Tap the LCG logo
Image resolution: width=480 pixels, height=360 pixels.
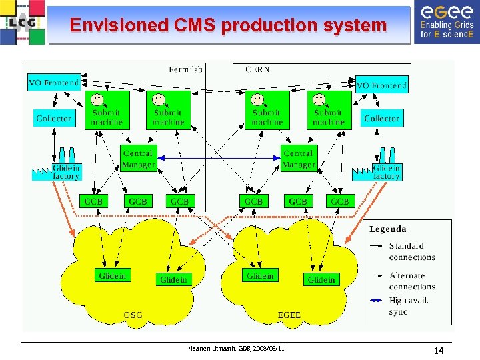(x=23, y=22)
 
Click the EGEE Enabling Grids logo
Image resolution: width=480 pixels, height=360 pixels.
(x=446, y=22)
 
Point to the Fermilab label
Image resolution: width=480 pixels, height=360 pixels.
(x=186, y=69)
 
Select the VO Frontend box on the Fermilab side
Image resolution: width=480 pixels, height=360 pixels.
(x=53, y=83)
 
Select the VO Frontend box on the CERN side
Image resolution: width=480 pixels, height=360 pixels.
(x=381, y=85)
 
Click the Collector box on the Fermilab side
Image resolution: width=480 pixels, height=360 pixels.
(x=53, y=119)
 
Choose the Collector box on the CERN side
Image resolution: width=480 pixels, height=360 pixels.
(x=381, y=119)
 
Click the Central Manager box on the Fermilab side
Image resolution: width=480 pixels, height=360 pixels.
(x=138, y=159)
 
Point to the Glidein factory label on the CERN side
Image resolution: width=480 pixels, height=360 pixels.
(x=387, y=172)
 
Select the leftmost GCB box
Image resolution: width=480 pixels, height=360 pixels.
(x=94, y=201)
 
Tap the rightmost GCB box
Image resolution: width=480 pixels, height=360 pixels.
(x=339, y=201)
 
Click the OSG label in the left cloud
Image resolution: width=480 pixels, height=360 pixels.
(x=133, y=315)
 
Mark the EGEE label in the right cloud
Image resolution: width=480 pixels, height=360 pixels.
(x=289, y=315)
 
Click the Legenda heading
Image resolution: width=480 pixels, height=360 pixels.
(x=388, y=229)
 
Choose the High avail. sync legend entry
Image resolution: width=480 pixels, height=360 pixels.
(x=409, y=305)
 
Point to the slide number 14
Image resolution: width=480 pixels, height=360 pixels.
(x=438, y=351)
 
